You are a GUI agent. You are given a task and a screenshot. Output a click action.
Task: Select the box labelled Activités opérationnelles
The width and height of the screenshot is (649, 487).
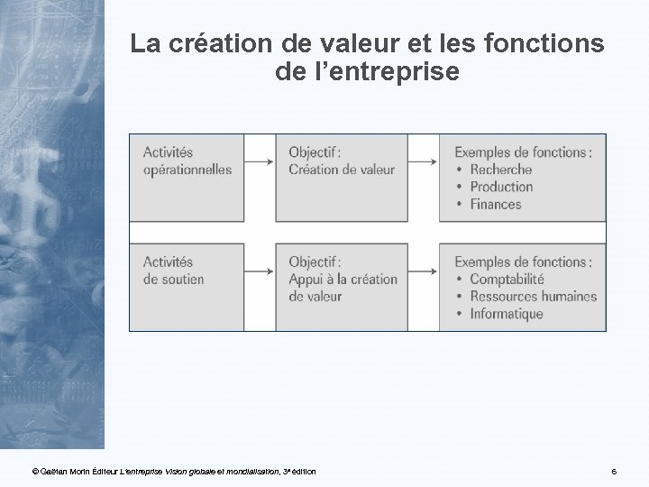tap(187, 177)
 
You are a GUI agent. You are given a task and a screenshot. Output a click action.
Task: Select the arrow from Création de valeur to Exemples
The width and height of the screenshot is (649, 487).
tap(424, 161)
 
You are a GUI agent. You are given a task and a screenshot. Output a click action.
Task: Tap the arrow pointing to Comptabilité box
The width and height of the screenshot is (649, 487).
tap(424, 271)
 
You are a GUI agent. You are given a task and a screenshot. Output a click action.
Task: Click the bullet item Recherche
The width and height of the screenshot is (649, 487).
tap(500, 170)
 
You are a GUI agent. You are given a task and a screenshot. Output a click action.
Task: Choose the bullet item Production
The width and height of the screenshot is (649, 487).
tap(501, 187)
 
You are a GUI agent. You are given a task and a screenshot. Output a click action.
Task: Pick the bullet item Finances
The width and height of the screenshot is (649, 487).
tap(495, 205)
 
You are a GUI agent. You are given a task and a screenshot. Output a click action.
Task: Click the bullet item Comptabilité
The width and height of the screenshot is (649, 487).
tap(507, 280)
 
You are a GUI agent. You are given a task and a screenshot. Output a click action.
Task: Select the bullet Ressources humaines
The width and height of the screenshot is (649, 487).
tap(533, 297)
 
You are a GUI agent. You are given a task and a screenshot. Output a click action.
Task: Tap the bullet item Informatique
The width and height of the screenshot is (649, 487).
tap(506, 315)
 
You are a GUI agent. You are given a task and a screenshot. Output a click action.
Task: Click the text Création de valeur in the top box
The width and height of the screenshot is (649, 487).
tap(342, 170)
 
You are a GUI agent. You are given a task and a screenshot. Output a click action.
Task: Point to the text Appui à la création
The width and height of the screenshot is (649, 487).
tap(343, 280)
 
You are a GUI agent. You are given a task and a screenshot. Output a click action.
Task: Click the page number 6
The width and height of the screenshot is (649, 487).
tap(613, 472)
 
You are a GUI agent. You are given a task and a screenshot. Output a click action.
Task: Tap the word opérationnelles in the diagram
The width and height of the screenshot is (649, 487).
tap(187, 170)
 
